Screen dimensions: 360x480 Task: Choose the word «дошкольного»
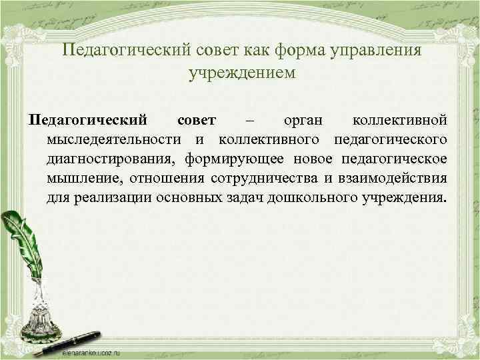[323, 198]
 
